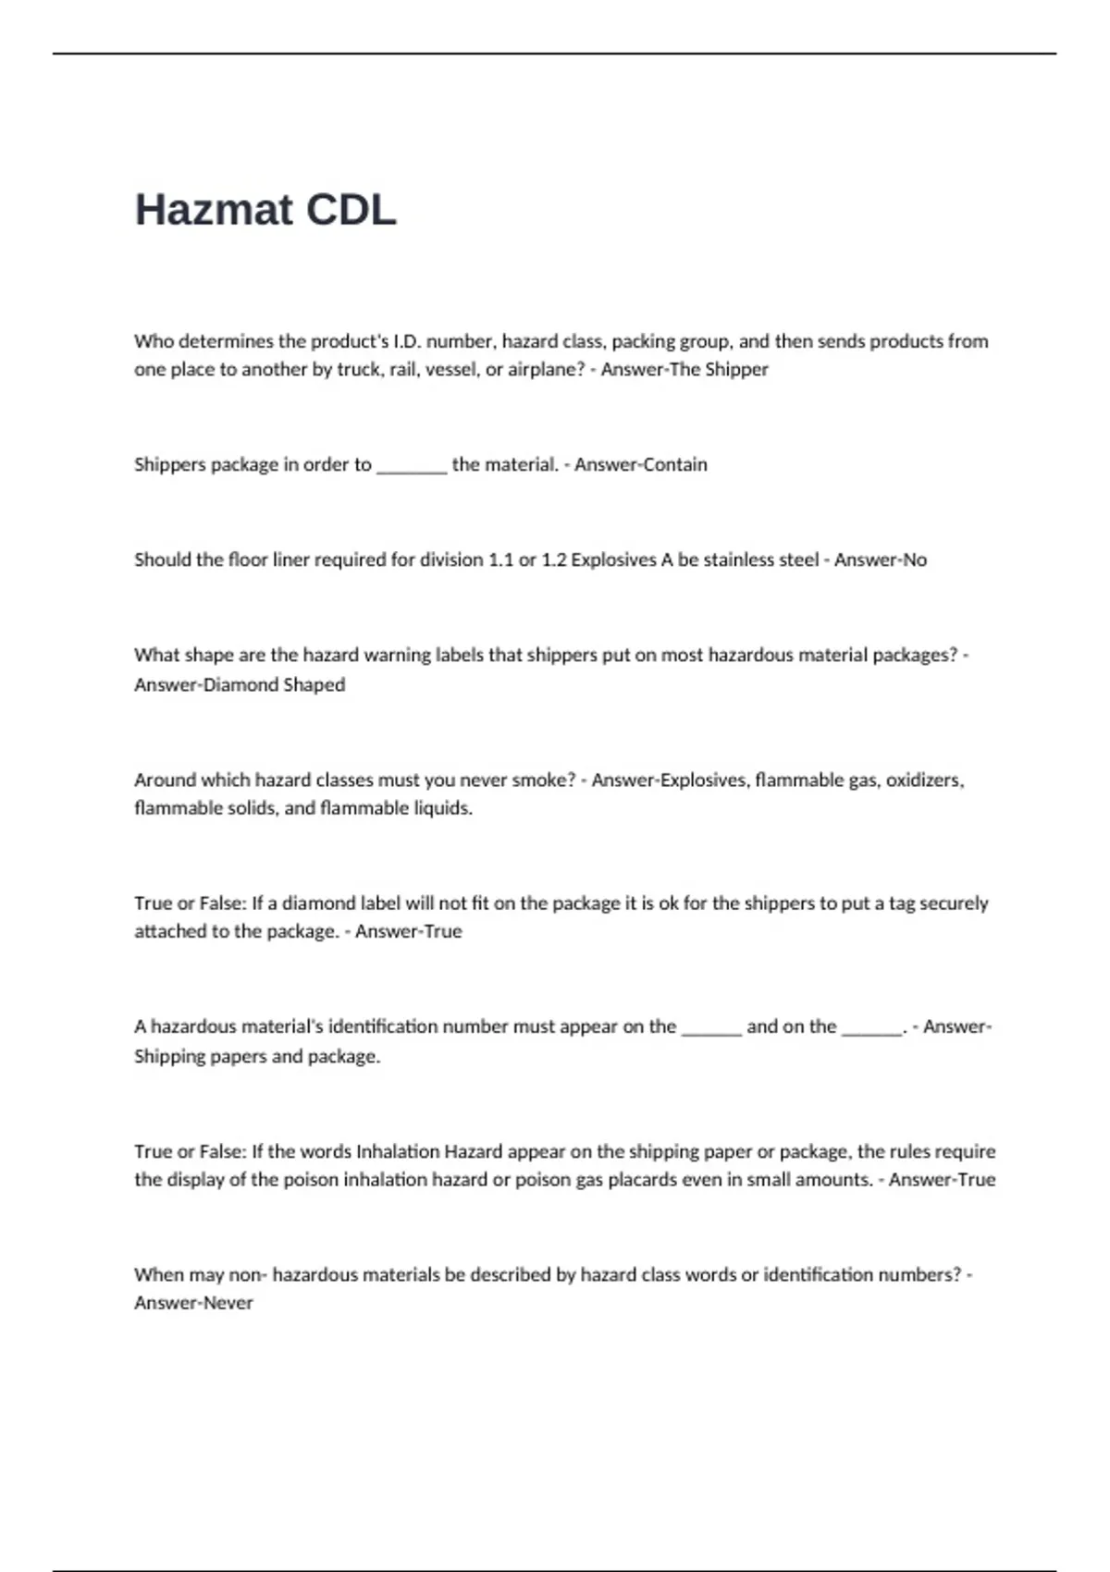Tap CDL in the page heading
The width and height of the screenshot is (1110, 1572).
[351, 210]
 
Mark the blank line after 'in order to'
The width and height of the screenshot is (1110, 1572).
[412, 467]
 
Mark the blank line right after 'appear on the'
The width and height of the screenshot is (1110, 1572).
[711, 1029]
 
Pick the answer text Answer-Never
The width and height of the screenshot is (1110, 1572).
[193, 1304]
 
